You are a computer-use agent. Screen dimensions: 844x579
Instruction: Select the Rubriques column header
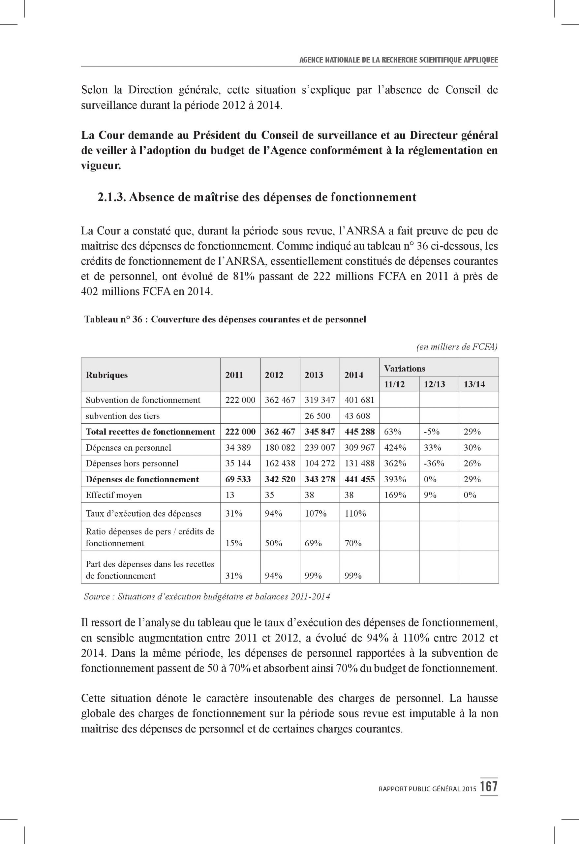107,375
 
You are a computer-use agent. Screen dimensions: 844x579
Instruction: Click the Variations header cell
404,368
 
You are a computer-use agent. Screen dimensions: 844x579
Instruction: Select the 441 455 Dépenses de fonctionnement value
359,479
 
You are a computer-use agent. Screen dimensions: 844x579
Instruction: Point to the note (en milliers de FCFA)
457,347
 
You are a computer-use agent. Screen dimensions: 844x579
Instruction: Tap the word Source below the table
97,596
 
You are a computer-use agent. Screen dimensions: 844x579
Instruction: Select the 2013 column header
314,375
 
